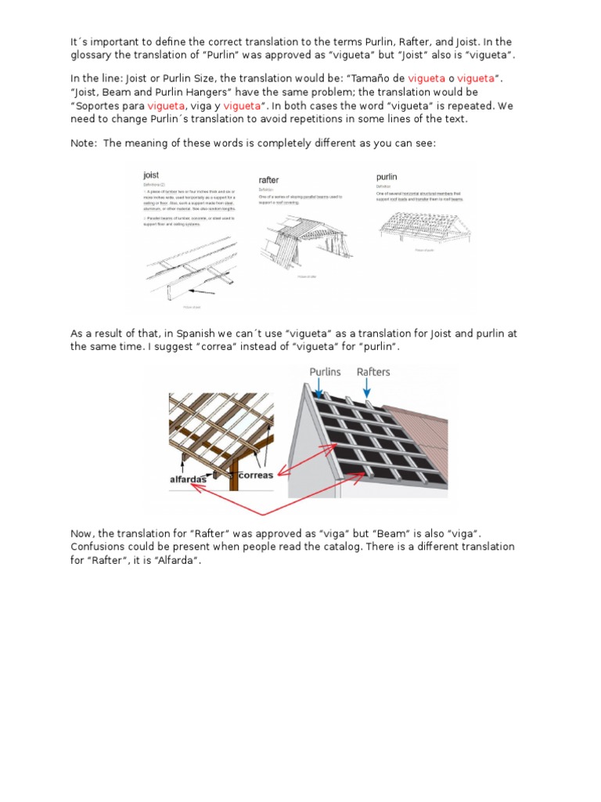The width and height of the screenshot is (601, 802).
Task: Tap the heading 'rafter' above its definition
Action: pos(268,180)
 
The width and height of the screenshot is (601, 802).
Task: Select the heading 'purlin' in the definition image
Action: pos(387,178)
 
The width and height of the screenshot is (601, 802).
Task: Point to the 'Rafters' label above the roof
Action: pos(373,372)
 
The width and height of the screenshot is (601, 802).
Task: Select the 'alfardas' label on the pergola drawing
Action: pos(189,479)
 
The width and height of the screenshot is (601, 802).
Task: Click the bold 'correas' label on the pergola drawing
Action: pos(255,475)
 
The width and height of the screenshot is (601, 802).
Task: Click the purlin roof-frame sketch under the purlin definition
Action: pos(422,227)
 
